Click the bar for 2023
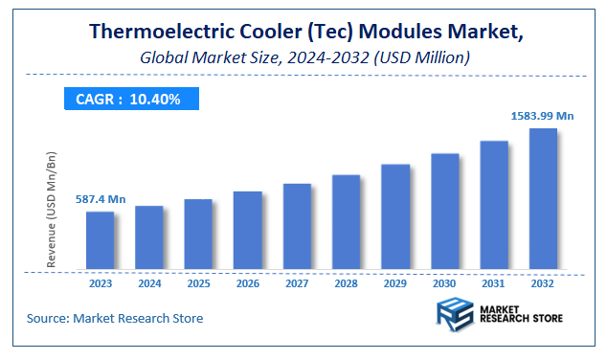100,240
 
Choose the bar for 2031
494,205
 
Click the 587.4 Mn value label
101,199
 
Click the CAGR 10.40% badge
129,99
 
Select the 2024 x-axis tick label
149,284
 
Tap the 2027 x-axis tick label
297,284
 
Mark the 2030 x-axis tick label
444,284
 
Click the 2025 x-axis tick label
198,284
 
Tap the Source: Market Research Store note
114,318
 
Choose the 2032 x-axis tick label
543,284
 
